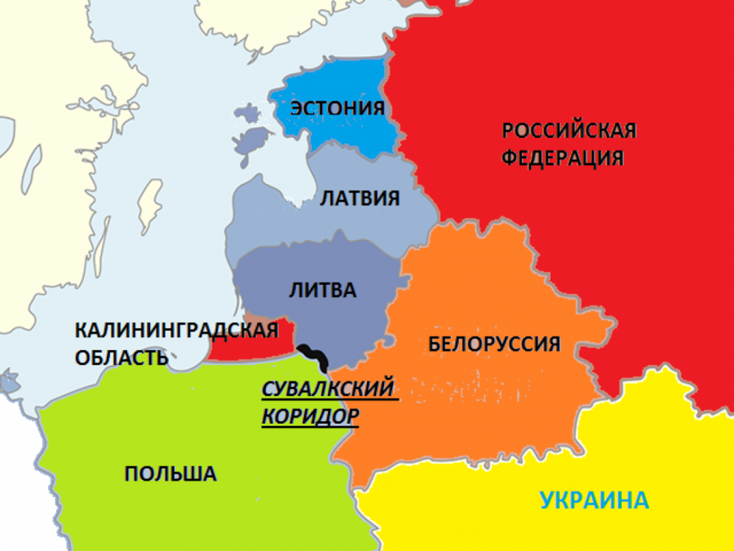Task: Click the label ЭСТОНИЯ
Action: pyautogui.click(x=338, y=109)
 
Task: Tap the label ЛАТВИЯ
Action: pyautogui.click(x=360, y=198)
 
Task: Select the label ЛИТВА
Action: pyautogui.click(x=323, y=290)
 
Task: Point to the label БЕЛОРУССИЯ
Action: pyautogui.click(x=494, y=344)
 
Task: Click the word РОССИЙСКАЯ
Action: pyautogui.click(x=568, y=131)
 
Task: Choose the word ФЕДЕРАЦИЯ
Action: pyautogui.click(x=563, y=157)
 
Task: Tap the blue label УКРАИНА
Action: pyautogui.click(x=593, y=499)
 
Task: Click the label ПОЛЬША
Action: pyautogui.click(x=170, y=473)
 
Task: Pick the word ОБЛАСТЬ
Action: pyautogui.click(x=122, y=357)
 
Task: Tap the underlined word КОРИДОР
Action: pyautogui.click(x=310, y=415)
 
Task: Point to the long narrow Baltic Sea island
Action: pyautogui.click(x=148, y=204)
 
